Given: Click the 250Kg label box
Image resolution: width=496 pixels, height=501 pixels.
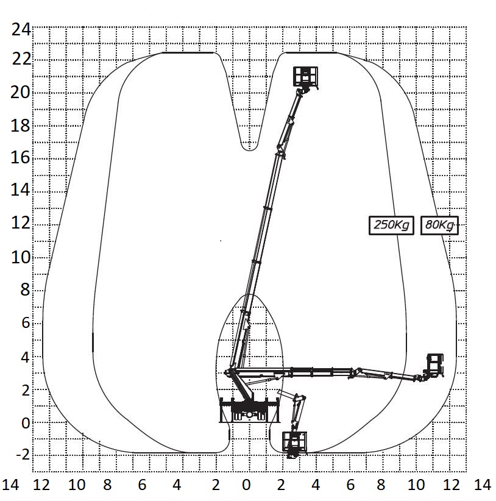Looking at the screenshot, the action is pos(391,226).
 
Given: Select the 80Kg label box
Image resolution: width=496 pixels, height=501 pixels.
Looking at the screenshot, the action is pos(439,226).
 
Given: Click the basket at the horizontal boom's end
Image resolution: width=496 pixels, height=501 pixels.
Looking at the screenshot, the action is pos(435,364).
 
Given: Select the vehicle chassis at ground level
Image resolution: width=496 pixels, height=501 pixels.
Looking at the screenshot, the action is pos(250,410).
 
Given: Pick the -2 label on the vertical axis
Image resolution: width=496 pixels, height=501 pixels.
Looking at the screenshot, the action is pos(23,455).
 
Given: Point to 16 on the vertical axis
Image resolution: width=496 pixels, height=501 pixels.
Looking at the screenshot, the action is pos(21,158).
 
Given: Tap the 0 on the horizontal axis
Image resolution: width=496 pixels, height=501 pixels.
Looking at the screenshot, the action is pos(246,485).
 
